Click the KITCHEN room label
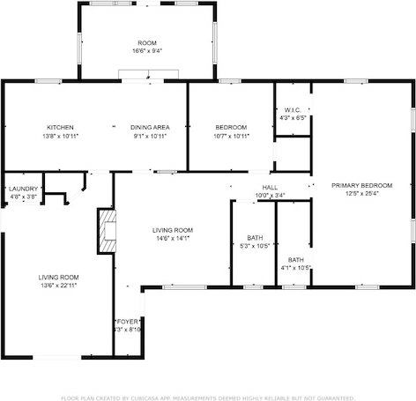click(61, 127)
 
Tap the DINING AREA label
click(150, 127)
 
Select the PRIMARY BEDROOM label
click(361, 185)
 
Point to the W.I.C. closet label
click(293, 110)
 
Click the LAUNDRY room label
click(23, 189)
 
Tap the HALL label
click(270, 188)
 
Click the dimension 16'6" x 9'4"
click(146, 51)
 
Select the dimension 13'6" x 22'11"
click(59, 286)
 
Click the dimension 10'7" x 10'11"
click(232, 136)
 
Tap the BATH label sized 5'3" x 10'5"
click(255, 238)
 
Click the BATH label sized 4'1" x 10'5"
click(296, 260)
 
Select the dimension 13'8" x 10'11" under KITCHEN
click(61, 136)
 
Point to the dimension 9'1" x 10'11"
click(150, 136)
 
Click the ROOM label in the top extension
click(146, 43)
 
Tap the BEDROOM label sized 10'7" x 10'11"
click(232, 127)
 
